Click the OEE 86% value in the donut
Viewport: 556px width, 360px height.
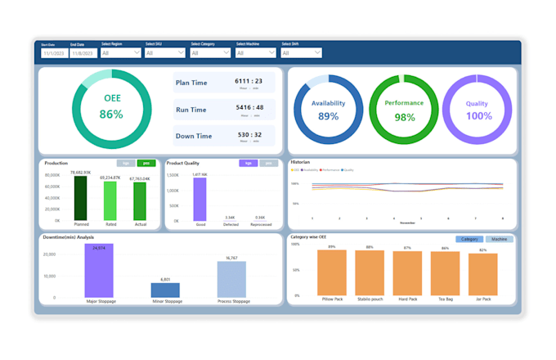pyautogui.click(x=111, y=115)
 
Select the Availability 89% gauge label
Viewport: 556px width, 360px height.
pyautogui.click(x=328, y=116)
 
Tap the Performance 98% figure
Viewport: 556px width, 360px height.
pyautogui.click(x=404, y=117)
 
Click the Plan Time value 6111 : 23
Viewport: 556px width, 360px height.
pyautogui.click(x=249, y=81)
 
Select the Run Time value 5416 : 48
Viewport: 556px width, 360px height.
pyautogui.click(x=249, y=107)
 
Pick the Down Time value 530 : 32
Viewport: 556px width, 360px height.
pyautogui.click(x=249, y=134)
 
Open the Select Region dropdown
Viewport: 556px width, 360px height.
pyautogui.click(x=121, y=53)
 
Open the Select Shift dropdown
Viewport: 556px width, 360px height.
pyautogui.click(x=301, y=53)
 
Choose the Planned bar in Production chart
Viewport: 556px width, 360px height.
pyautogui.click(x=80, y=199)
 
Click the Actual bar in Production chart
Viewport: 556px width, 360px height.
pyautogui.click(x=140, y=201)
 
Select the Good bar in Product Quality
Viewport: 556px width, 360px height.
pyautogui.click(x=200, y=200)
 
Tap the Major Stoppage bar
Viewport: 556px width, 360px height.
pyautogui.click(x=99, y=271)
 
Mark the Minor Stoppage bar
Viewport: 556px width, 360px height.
pyautogui.click(x=165, y=290)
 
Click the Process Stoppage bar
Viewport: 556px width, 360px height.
pyautogui.click(x=231, y=279)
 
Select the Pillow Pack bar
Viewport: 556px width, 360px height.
pyautogui.click(x=332, y=272)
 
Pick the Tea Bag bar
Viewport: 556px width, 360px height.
pyautogui.click(x=445, y=273)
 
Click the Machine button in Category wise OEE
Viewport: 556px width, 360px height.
pyautogui.click(x=499, y=240)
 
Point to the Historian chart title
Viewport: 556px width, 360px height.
pyautogui.click(x=301, y=162)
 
